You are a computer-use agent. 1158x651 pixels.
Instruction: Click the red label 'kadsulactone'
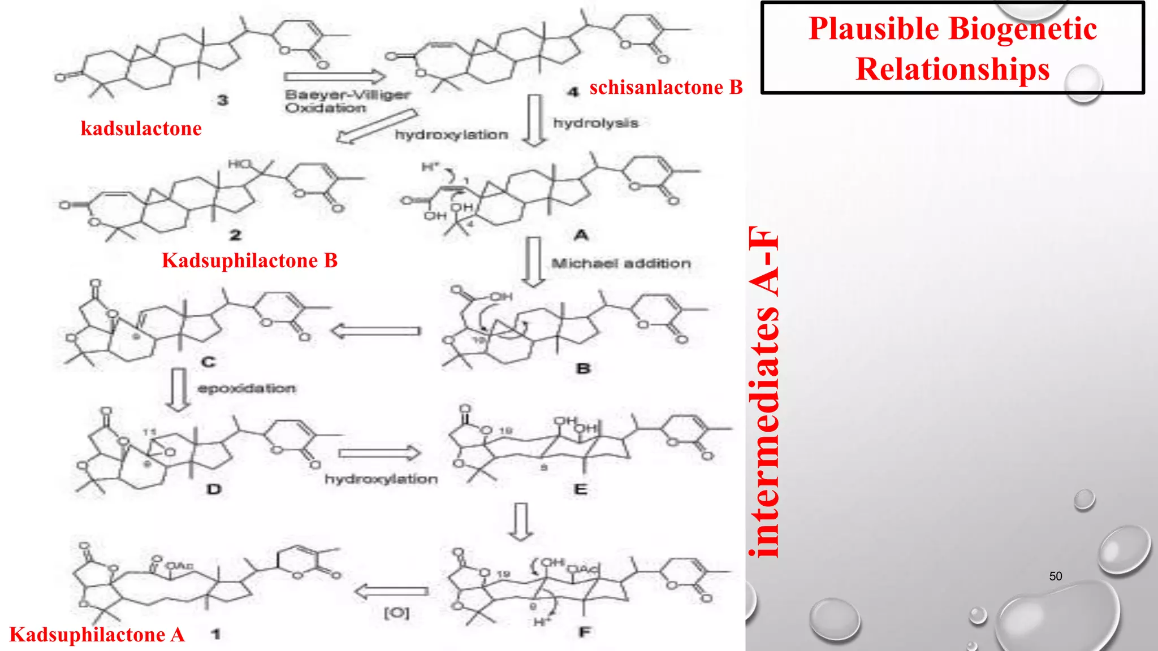(x=141, y=129)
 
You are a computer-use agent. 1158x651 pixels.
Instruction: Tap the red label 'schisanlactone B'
(x=666, y=88)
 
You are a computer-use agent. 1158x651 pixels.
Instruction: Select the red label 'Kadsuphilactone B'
(x=249, y=261)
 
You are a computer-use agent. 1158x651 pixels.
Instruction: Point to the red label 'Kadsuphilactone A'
(x=97, y=635)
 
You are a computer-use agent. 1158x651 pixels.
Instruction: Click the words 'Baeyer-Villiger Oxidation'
(x=347, y=101)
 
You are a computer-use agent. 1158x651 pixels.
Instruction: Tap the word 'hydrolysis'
(x=595, y=123)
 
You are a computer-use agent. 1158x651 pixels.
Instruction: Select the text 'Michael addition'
(x=621, y=263)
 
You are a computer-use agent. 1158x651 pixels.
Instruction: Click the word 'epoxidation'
(x=247, y=389)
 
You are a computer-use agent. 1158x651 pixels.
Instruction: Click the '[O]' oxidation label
(x=396, y=613)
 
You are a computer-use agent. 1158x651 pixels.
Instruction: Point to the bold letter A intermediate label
(x=581, y=235)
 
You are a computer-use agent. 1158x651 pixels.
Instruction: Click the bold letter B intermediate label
(x=583, y=369)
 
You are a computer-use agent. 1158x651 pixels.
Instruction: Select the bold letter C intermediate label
(x=208, y=362)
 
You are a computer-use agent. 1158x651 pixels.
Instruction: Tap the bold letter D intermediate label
(x=214, y=489)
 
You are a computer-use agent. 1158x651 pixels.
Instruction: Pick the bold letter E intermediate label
(x=581, y=489)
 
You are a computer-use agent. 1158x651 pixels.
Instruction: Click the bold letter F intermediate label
(x=585, y=632)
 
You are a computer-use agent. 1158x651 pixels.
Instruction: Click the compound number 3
(x=223, y=101)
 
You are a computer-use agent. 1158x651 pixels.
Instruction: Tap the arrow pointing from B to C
(x=376, y=331)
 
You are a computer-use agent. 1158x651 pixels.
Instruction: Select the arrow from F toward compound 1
(x=391, y=592)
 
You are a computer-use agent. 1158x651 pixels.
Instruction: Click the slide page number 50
(x=1055, y=576)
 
